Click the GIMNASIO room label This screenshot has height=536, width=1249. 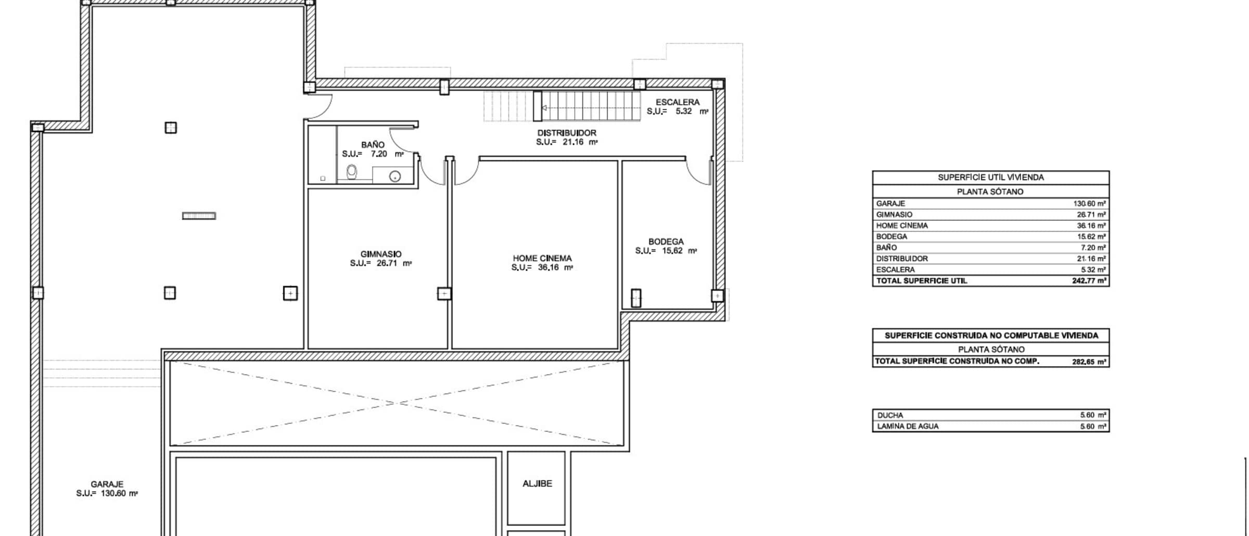pyautogui.click(x=381, y=254)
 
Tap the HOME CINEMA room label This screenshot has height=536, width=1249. pyautogui.click(x=542, y=258)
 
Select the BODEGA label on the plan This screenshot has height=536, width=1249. pyautogui.click(x=666, y=242)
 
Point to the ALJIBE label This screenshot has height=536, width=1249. pyautogui.click(x=537, y=483)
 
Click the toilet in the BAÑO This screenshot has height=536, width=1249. pyautogui.click(x=352, y=172)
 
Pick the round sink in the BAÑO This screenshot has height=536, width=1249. pyautogui.click(x=395, y=176)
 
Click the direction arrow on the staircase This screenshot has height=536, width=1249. pyautogui.click(x=544, y=108)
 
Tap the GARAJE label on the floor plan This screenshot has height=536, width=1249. pyautogui.click(x=107, y=484)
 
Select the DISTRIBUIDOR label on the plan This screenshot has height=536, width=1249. pyautogui.click(x=567, y=133)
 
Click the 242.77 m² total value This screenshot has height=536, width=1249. pyautogui.click(x=1089, y=281)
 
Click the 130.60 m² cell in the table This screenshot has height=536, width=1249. pyautogui.click(x=1089, y=204)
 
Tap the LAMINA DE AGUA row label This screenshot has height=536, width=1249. pyautogui.click(x=908, y=426)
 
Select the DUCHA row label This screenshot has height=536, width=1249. pyautogui.click(x=890, y=415)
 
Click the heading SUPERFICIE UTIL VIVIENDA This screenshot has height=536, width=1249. pyautogui.click(x=991, y=178)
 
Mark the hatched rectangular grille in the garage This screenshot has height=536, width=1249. pyautogui.click(x=199, y=216)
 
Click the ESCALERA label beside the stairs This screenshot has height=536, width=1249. pyautogui.click(x=678, y=103)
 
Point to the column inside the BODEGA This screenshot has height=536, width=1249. pyautogui.click(x=636, y=298)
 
